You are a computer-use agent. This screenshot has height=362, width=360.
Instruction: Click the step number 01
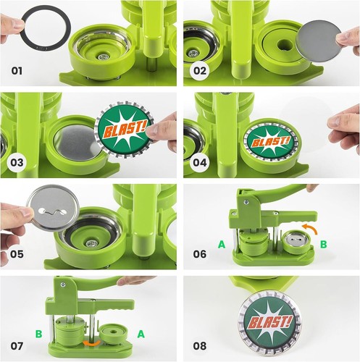(x=17, y=71)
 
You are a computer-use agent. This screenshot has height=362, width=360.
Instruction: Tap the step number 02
(x=200, y=71)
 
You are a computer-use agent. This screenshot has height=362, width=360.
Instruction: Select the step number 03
(x=17, y=162)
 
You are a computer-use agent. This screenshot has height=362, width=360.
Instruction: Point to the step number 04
(x=200, y=162)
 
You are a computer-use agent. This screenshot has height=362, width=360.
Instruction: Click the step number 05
(x=17, y=254)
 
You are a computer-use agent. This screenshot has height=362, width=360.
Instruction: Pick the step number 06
(x=200, y=254)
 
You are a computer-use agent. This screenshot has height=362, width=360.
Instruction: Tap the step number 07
(x=17, y=346)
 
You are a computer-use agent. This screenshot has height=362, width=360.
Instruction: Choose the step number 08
(x=200, y=346)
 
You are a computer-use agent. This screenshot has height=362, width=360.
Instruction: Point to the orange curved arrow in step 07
(x=91, y=343)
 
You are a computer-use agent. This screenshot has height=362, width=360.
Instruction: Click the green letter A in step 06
(x=222, y=245)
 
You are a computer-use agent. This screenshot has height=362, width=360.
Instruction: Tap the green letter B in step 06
(x=324, y=245)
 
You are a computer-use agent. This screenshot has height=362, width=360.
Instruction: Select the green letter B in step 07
(x=38, y=334)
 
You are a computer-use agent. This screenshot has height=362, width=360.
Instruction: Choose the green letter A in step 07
(x=141, y=334)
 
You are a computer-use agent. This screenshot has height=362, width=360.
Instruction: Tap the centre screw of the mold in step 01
(x=103, y=57)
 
